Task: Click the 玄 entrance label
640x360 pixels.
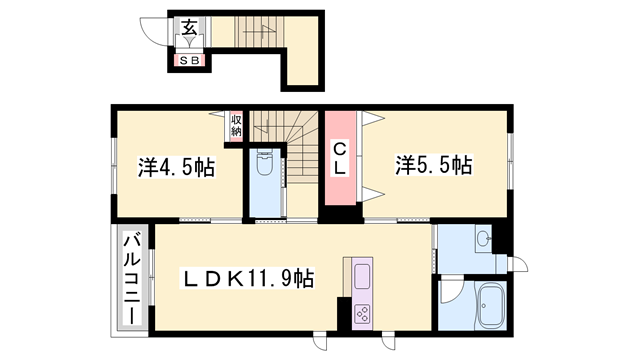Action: (x=189, y=26)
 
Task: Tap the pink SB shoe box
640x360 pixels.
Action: (x=189, y=61)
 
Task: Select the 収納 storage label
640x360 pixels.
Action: (x=236, y=124)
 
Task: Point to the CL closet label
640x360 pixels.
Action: (x=341, y=159)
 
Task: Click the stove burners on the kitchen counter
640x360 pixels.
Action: (x=361, y=312)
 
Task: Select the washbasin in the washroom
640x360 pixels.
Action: (x=484, y=239)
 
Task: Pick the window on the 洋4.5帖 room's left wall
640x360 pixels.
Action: (x=111, y=165)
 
